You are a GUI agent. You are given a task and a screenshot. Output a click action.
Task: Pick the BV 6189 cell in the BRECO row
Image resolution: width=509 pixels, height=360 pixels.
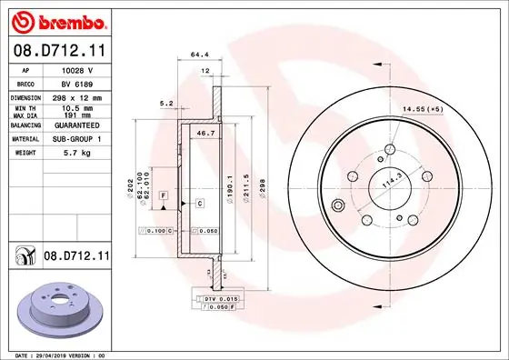(76, 82)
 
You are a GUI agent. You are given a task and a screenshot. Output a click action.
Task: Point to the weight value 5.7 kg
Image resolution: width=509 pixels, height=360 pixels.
(77, 153)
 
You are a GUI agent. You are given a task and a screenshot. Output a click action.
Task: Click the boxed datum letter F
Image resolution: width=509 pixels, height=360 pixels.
(163, 195)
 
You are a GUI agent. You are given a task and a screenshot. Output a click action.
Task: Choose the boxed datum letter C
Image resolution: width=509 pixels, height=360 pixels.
(198, 204)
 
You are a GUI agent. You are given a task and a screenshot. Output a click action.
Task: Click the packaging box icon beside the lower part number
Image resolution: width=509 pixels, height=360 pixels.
(22, 259)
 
